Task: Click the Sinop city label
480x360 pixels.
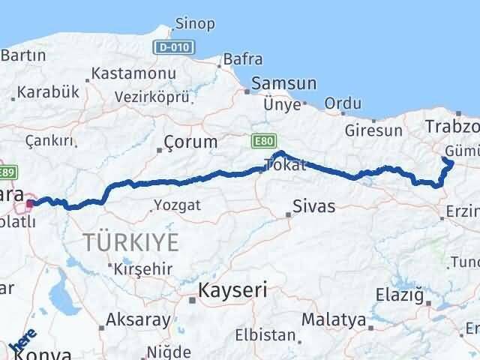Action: point(194,24)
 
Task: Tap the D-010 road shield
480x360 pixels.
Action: point(175,47)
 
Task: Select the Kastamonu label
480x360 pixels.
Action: point(133,74)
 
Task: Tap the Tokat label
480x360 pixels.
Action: point(289,165)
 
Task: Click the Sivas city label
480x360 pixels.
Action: point(313,205)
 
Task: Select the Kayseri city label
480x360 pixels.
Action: point(232,289)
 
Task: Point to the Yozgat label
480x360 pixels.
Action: point(176,204)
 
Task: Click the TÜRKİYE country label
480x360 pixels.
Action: point(131,242)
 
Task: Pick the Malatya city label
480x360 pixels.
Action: point(333,319)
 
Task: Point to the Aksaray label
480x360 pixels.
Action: point(138,319)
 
